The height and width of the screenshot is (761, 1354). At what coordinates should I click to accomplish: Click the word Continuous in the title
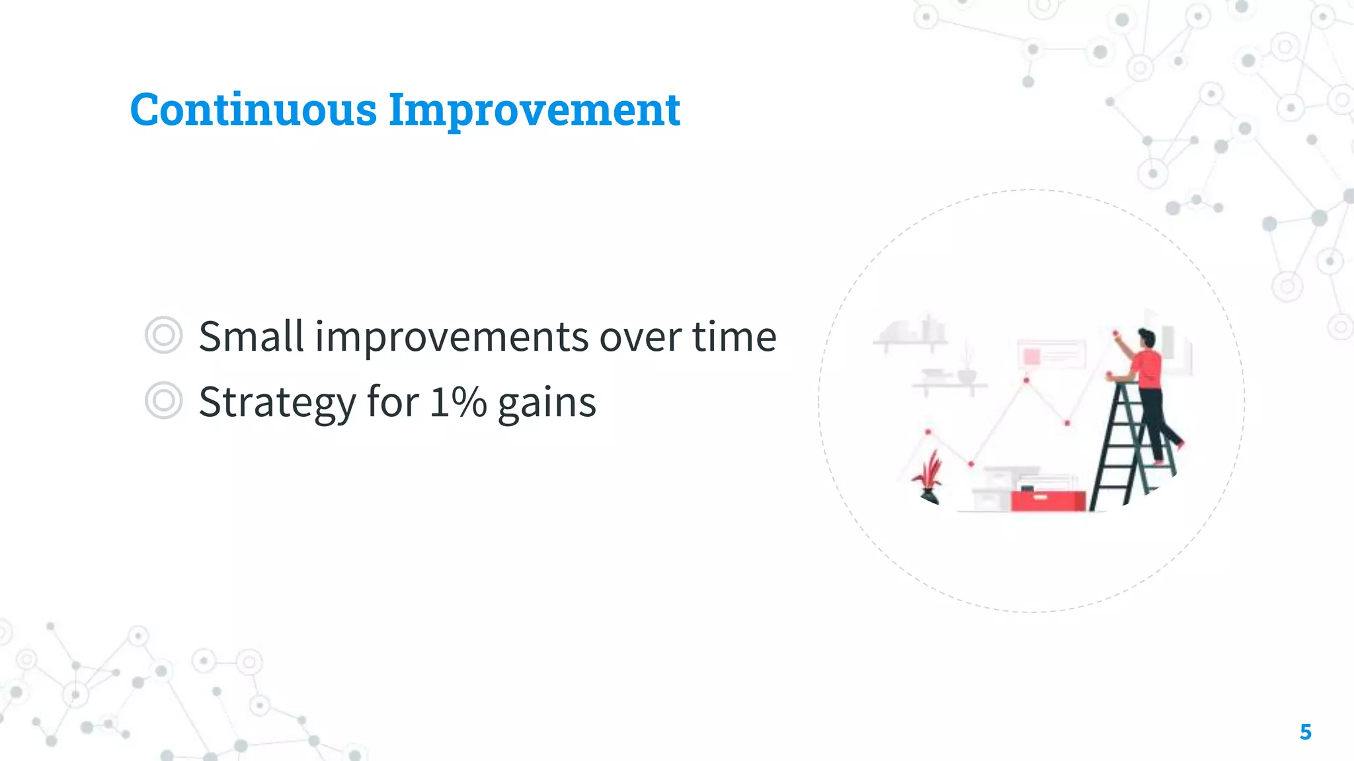click(253, 110)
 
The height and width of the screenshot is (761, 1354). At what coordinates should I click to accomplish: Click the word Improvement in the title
click(534, 110)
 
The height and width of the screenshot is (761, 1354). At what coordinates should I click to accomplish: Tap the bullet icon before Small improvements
click(163, 336)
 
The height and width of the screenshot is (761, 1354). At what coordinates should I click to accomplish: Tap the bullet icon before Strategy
click(163, 401)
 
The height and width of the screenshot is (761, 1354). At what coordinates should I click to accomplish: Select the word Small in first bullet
click(251, 336)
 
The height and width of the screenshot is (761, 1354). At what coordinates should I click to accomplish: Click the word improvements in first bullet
click(452, 336)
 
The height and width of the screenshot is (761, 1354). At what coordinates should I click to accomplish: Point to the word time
click(734, 336)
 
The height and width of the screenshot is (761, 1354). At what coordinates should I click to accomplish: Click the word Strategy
click(277, 402)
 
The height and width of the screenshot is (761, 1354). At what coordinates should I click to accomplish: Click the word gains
click(547, 403)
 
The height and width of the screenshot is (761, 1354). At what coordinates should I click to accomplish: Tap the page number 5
click(1305, 732)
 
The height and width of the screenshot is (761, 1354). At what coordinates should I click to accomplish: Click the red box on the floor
click(1048, 500)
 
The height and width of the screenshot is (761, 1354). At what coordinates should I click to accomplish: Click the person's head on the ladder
click(1146, 338)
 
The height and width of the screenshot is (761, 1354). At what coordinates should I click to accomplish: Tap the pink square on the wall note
click(1031, 357)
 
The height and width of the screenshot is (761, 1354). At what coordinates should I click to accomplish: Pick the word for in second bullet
click(393, 402)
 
